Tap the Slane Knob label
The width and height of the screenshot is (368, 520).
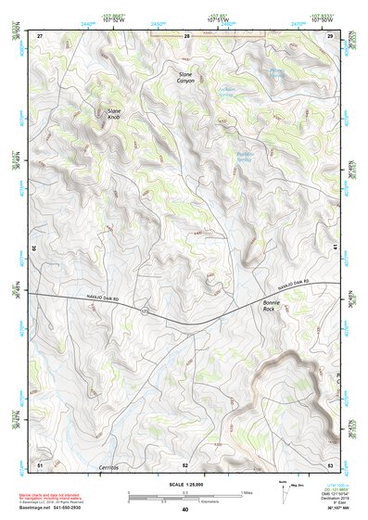[x=113, y=115]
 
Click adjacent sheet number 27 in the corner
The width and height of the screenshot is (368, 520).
[x=40, y=34]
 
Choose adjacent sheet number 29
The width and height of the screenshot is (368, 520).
[x=330, y=34]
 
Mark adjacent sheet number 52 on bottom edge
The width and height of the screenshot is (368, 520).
[x=185, y=463]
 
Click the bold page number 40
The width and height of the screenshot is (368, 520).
[x=185, y=510]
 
